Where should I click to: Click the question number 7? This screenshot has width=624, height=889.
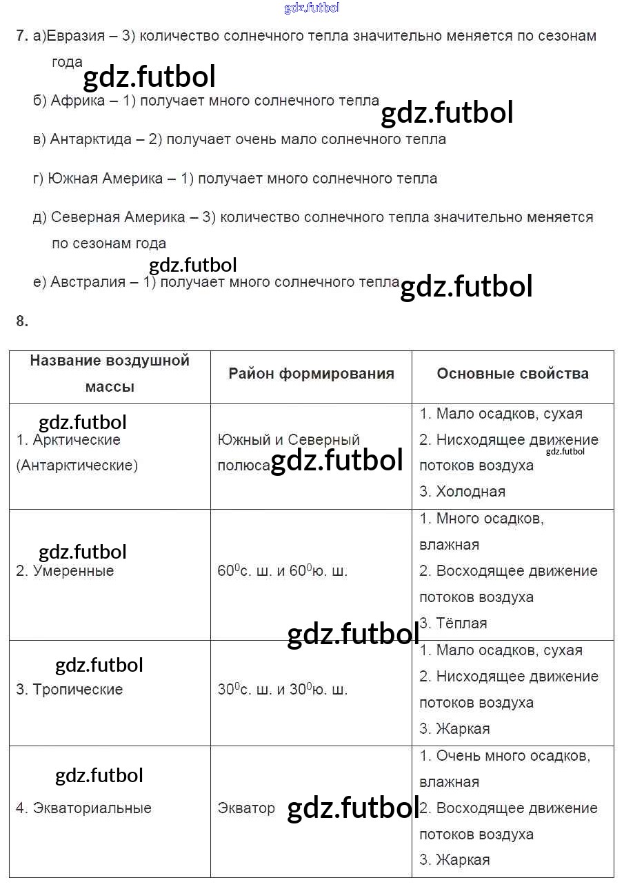[21, 36]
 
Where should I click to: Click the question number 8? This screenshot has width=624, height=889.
[21, 320]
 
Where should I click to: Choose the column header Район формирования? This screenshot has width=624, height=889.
[311, 374]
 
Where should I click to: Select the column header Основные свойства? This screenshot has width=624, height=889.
[512, 374]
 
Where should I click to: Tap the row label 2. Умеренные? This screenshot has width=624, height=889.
[65, 571]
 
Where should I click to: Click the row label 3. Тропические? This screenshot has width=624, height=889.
[69, 690]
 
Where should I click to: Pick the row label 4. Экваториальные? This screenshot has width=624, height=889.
[83, 808]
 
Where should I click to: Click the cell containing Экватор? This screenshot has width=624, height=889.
[246, 808]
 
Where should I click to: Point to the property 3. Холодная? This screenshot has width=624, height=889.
[462, 492]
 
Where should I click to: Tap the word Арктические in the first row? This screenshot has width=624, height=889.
[77, 440]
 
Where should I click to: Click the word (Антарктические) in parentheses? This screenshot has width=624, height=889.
[77, 466]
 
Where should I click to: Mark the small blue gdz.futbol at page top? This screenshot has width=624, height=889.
[312, 8]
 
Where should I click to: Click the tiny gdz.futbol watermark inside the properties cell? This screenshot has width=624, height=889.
[565, 452]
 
